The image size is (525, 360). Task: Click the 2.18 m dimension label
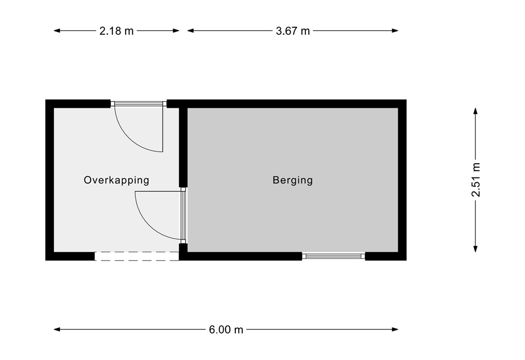(116, 31)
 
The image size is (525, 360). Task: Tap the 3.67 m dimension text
(293, 31)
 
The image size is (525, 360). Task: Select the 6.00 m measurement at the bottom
(226, 330)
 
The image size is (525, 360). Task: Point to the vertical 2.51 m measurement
(476, 179)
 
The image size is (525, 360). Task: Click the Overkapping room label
(116, 180)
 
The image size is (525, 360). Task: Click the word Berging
(292, 180)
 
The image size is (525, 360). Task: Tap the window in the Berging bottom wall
(334, 255)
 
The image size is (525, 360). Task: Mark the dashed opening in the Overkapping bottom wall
(136, 256)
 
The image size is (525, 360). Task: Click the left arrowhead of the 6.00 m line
(57, 329)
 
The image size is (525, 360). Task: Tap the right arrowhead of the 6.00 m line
(395, 329)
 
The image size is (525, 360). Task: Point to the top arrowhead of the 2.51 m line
(476, 111)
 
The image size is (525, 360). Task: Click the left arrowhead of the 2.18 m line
(57, 31)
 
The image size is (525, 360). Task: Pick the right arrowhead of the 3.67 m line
(395, 31)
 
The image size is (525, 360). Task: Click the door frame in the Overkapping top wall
(138, 104)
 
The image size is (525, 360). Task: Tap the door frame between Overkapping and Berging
(183, 215)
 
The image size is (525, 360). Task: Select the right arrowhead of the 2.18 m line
(176, 31)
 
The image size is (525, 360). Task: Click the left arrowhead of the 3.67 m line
(190, 31)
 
